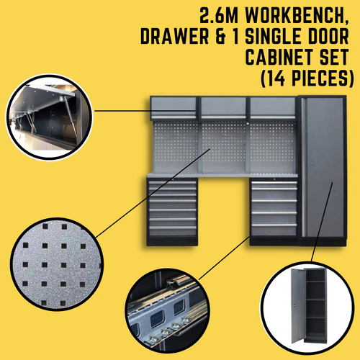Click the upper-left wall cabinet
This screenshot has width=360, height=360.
tap(174, 108)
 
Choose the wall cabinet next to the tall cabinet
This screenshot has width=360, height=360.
tap(274, 108)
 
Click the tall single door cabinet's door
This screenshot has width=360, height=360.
tap(323, 173)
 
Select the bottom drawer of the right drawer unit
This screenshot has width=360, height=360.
tap(274, 231)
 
